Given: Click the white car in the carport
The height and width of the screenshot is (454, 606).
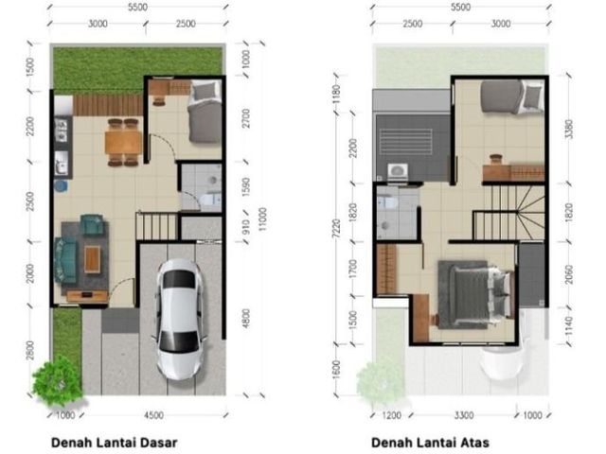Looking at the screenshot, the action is click(179, 320).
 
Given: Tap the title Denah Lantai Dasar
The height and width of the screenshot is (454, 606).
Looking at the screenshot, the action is click(114, 443).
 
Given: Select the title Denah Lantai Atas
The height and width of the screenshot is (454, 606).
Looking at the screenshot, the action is click(430, 443).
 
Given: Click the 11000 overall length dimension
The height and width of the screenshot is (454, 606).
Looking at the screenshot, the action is click(263, 219).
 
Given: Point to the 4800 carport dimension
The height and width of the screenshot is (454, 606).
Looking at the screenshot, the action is click(246, 319).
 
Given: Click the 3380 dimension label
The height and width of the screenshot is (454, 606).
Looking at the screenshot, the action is click(568, 130).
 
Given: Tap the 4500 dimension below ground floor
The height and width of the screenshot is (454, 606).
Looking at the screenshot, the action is click(153, 415).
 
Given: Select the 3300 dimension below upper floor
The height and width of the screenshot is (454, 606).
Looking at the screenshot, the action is click(464, 415).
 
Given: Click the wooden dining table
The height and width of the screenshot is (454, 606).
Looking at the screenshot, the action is click(123, 142).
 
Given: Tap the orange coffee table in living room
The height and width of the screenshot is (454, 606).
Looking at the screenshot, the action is click(93, 258).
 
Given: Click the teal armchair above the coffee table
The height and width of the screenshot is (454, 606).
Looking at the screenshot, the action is click(92, 225).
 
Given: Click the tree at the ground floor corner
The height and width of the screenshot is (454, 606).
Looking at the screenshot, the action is click(58, 380).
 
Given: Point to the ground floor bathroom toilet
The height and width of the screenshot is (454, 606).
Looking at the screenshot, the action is click(211, 200).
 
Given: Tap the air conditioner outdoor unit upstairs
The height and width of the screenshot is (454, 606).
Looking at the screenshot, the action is click(398, 171).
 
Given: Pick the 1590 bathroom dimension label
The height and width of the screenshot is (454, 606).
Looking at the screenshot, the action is click(246, 187).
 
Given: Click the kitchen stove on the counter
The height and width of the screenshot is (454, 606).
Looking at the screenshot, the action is click(62, 130).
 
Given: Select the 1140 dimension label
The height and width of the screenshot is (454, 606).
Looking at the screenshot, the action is click(568, 325).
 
